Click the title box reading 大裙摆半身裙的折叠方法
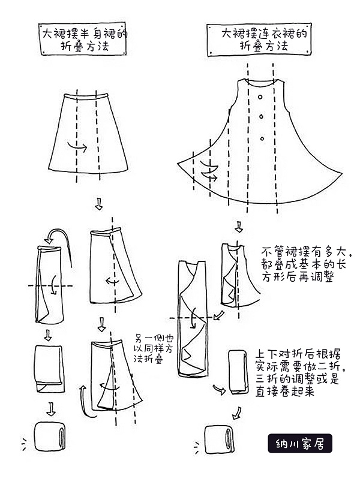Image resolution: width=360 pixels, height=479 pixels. [x=83, y=39]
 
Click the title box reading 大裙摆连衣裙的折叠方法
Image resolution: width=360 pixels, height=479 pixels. [x=259, y=40]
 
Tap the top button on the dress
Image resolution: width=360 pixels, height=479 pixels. [x=260, y=97]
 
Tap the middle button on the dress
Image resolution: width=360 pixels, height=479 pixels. [x=262, y=116]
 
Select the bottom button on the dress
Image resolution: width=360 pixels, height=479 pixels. [x=262, y=138]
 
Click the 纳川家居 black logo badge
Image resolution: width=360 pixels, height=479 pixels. [x=300, y=443]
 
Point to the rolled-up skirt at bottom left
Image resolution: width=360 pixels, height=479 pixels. [x=49, y=436]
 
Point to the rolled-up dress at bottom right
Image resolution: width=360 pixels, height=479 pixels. [x=219, y=439]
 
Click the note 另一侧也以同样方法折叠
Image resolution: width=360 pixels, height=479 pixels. [x=154, y=348]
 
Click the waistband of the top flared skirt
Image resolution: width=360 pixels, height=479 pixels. [x=86, y=97]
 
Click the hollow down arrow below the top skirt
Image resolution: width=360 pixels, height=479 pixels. [x=98, y=204]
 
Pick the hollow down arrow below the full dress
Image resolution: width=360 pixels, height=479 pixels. [x=239, y=227]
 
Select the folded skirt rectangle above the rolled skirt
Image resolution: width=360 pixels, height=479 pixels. [x=50, y=369]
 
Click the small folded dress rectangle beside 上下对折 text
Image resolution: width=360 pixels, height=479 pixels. [x=238, y=372]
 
